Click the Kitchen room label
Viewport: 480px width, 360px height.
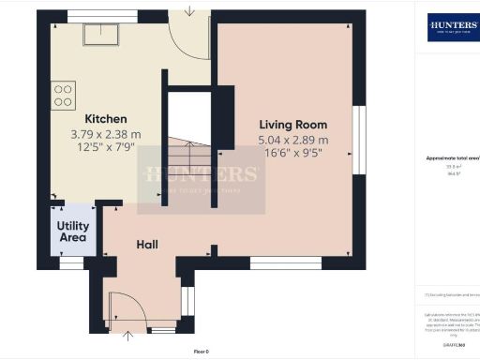point(105,119)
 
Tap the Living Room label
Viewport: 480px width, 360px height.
point(292,124)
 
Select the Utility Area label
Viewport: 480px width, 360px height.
point(73,232)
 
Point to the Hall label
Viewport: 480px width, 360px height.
point(147,245)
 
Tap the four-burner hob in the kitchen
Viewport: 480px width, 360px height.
point(64,94)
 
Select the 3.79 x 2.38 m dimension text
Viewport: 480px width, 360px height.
point(105,134)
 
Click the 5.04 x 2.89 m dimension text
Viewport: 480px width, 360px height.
point(292,140)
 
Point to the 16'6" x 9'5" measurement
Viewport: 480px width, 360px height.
point(292,154)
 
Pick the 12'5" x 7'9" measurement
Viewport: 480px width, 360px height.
point(105,148)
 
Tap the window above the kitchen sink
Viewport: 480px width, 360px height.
point(100,15)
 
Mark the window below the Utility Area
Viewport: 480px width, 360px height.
point(71,263)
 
